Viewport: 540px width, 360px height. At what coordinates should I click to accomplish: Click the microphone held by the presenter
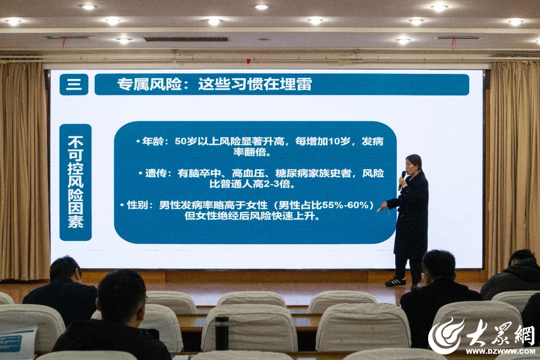pos(402,180)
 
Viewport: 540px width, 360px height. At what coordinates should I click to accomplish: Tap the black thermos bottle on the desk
pos(222,332)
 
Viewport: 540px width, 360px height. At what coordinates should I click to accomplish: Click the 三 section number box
pos(74,84)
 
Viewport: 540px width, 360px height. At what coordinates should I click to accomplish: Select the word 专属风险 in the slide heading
pos(150,84)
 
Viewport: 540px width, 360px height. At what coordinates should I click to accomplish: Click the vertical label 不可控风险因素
pos(76,182)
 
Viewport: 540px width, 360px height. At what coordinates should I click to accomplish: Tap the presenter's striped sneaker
pos(395,282)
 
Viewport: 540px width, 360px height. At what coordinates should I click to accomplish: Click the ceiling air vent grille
pos(186,39)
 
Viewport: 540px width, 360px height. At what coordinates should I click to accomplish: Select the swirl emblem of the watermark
pos(446,335)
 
